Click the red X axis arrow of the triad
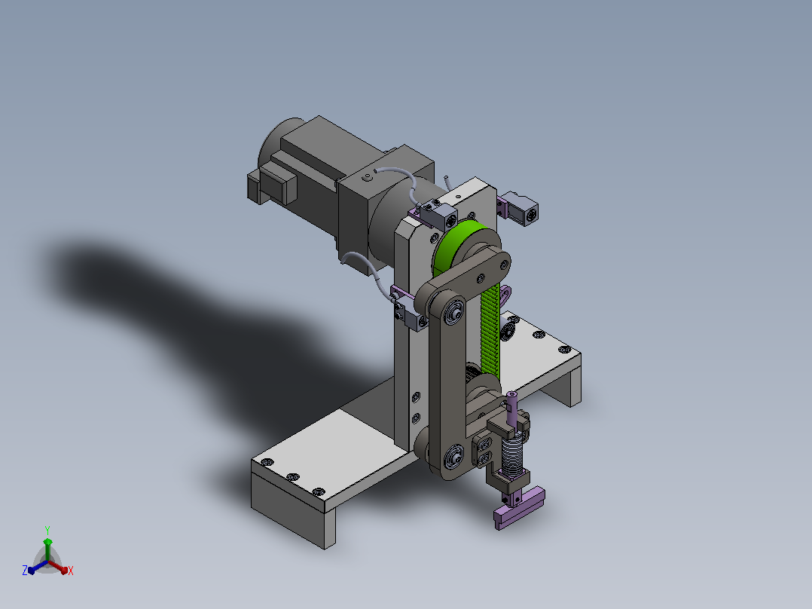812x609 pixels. (x=58, y=567)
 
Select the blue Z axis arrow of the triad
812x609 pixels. (x=38, y=567)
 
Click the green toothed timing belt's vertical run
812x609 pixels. (x=490, y=332)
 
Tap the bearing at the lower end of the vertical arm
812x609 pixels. (x=454, y=455)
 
